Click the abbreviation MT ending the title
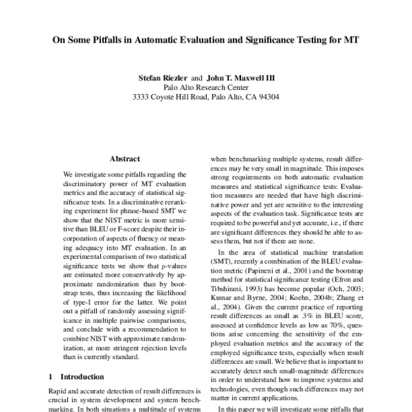click(350, 39)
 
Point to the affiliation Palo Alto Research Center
click(206, 87)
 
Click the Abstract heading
click(124, 158)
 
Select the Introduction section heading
click(82, 376)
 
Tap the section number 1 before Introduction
click(51, 376)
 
